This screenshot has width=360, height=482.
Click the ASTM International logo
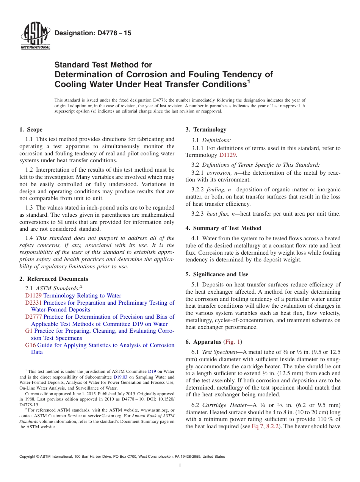(35, 36)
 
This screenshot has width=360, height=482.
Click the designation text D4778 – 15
(93, 33)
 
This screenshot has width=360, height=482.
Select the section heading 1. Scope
(31, 130)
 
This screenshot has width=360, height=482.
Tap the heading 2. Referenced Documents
(54, 279)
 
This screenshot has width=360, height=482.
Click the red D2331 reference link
(33, 303)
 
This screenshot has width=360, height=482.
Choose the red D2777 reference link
(33, 317)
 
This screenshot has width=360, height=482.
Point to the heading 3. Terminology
(206, 130)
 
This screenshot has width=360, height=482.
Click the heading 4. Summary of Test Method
(224, 228)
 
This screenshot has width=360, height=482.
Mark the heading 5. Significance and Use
(217, 274)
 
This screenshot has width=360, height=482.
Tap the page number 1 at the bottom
(180, 466)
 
